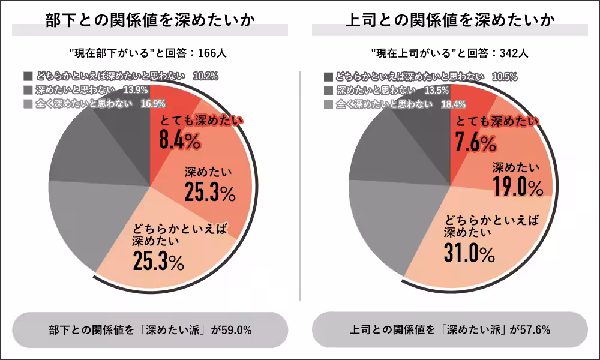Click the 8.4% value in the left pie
pyautogui.click(x=179, y=142)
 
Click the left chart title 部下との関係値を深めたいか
pyautogui.click(x=150, y=19)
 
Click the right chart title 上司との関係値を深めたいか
pyautogui.click(x=450, y=19)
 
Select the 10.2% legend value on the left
pyautogui.click(x=205, y=76)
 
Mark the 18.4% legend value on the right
pyautogui.click(x=453, y=104)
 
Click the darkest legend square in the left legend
pyautogui.click(x=28, y=77)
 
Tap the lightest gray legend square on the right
pyautogui.click(x=328, y=104)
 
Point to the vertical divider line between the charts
pyautogui.click(x=299, y=180)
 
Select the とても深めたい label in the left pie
pyautogui.click(x=200, y=121)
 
